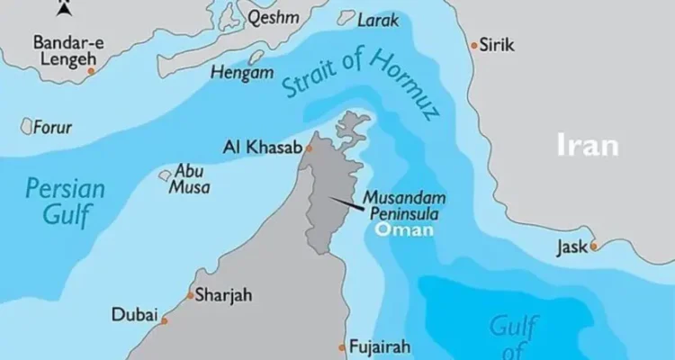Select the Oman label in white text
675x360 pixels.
coord(404,229)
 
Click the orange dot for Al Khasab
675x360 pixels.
coord(309,149)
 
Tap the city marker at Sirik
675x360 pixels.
coord(474,44)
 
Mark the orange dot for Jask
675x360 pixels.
coord(594,246)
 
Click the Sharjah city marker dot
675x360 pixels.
coord(189,295)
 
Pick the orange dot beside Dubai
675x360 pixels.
coord(165,319)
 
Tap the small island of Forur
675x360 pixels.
coord(26,127)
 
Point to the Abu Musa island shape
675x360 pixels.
coord(166,176)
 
